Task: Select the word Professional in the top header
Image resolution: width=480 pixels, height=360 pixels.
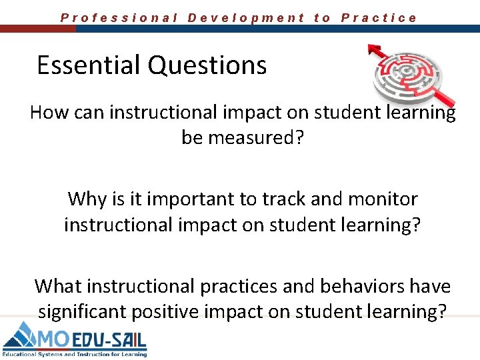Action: tap(119, 18)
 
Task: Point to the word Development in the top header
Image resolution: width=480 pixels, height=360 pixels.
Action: tap(246, 18)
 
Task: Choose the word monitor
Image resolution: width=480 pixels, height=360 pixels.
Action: tap(381, 199)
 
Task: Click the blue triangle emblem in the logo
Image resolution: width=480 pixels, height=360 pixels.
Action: tap(21, 337)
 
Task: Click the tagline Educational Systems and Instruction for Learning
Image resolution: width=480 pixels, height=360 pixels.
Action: tap(74, 354)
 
